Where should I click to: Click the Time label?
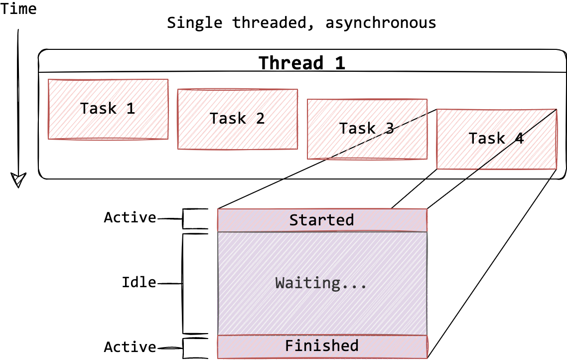(x=18, y=9)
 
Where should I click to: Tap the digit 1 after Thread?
(x=339, y=63)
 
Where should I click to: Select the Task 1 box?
(x=108, y=109)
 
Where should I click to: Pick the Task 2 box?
(x=238, y=119)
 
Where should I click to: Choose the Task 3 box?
(x=367, y=129)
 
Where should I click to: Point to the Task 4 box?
(x=497, y=139)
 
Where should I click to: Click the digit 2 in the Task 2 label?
(x=260, y=119)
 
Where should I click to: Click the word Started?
(x=321, y=220)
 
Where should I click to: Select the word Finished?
(x=321, y=346)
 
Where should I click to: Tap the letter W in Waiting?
(x=280, y=283)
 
